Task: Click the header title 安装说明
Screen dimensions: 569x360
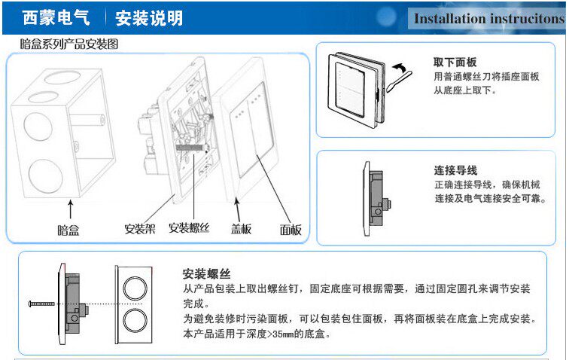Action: tap(149, 17)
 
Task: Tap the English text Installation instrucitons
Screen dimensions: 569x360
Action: tap(488, 19)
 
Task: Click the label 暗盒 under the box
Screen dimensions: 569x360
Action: tap(68, 229)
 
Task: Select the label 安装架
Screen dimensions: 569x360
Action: tap(140, 228)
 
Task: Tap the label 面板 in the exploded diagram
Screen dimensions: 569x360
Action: tap(291, 230)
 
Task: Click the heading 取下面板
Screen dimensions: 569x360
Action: tap(455, 62)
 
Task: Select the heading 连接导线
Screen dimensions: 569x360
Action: tap(455, 171)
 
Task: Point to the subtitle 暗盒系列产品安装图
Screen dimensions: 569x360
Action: tap(69, 45)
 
